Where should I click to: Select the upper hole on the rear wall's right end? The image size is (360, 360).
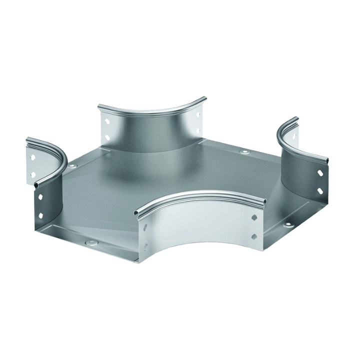[x=198, y=114]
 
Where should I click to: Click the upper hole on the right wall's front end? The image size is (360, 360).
[x=319, y=173]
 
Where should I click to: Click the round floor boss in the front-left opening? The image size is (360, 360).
[x=91, y=242]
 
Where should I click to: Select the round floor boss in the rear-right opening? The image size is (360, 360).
[x=244, y=152]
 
